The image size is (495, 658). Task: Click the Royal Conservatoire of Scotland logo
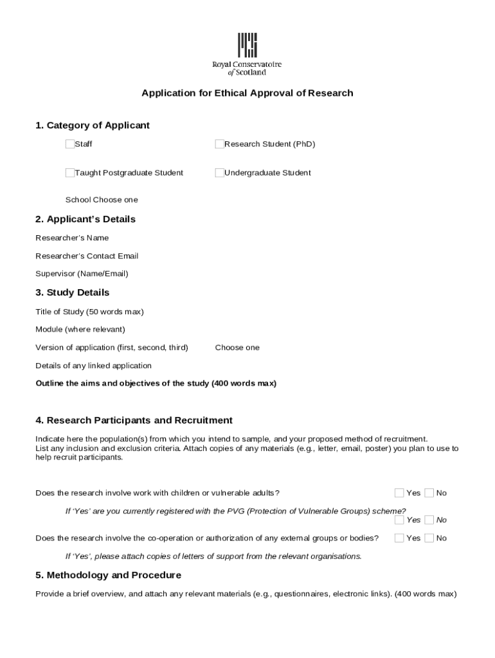coord(248,54)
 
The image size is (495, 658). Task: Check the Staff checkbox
coord(69,144)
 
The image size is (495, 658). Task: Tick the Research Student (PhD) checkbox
coord(220,144)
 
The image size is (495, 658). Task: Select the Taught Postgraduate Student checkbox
coord(69,172)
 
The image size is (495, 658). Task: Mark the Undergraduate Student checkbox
coord(220,172)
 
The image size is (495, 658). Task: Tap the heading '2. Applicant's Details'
coord(85,219)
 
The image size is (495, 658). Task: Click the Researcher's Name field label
coord(72,238)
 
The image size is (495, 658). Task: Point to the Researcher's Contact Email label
coord(87,256)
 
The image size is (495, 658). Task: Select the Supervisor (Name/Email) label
coord(82,274)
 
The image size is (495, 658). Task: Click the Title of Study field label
coord(89,312)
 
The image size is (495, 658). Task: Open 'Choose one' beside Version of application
coord(237,348)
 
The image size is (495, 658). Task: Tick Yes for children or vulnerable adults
coord(399,493)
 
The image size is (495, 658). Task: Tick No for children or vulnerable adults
coord(429,493)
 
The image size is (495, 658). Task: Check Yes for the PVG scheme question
coord(399,520)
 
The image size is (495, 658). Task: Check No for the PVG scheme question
coord(429,520)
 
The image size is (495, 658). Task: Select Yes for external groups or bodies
coord(399,538)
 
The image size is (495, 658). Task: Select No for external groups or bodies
coord(429,538)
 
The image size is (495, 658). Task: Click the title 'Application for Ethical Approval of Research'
coord(248,93)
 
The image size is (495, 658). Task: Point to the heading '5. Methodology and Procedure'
coord(108,575)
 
